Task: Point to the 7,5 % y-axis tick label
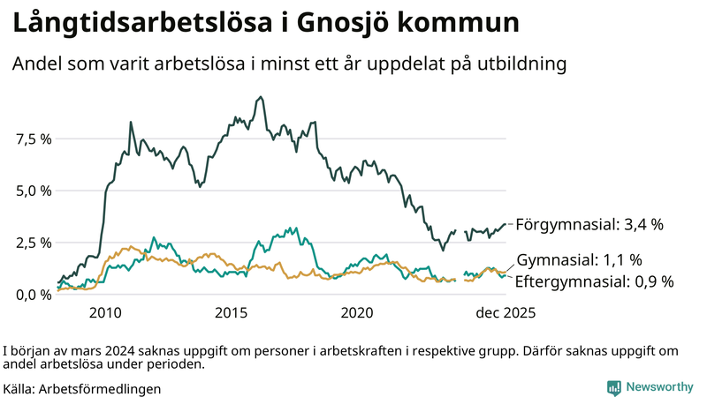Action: [34, 139]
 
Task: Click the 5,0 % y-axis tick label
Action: [34, 191]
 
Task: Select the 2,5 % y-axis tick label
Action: [34, 243]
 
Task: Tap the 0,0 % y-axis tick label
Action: [34, 295]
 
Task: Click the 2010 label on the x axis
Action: [105, 312]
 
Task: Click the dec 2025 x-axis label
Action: [506, 312]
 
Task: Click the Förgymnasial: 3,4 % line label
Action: [589, 225]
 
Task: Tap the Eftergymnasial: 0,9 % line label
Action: [594, 281]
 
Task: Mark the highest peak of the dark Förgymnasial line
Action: [260, 97]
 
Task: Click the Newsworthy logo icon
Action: [613, 387]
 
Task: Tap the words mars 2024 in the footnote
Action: [94, 350]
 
